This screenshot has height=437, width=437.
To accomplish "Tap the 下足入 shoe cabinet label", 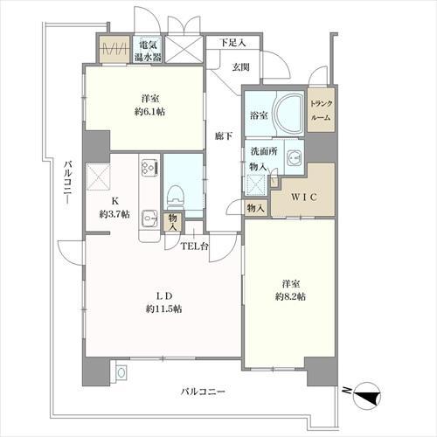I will [232, 41].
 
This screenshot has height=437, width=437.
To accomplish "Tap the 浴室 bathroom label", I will [258, 114].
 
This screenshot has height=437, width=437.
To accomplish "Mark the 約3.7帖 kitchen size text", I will [114, 214].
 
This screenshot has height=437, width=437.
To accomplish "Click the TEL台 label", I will [193, 246].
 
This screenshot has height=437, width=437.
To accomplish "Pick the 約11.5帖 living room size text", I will [163, 309].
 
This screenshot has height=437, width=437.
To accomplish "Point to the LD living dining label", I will [163, 295].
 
